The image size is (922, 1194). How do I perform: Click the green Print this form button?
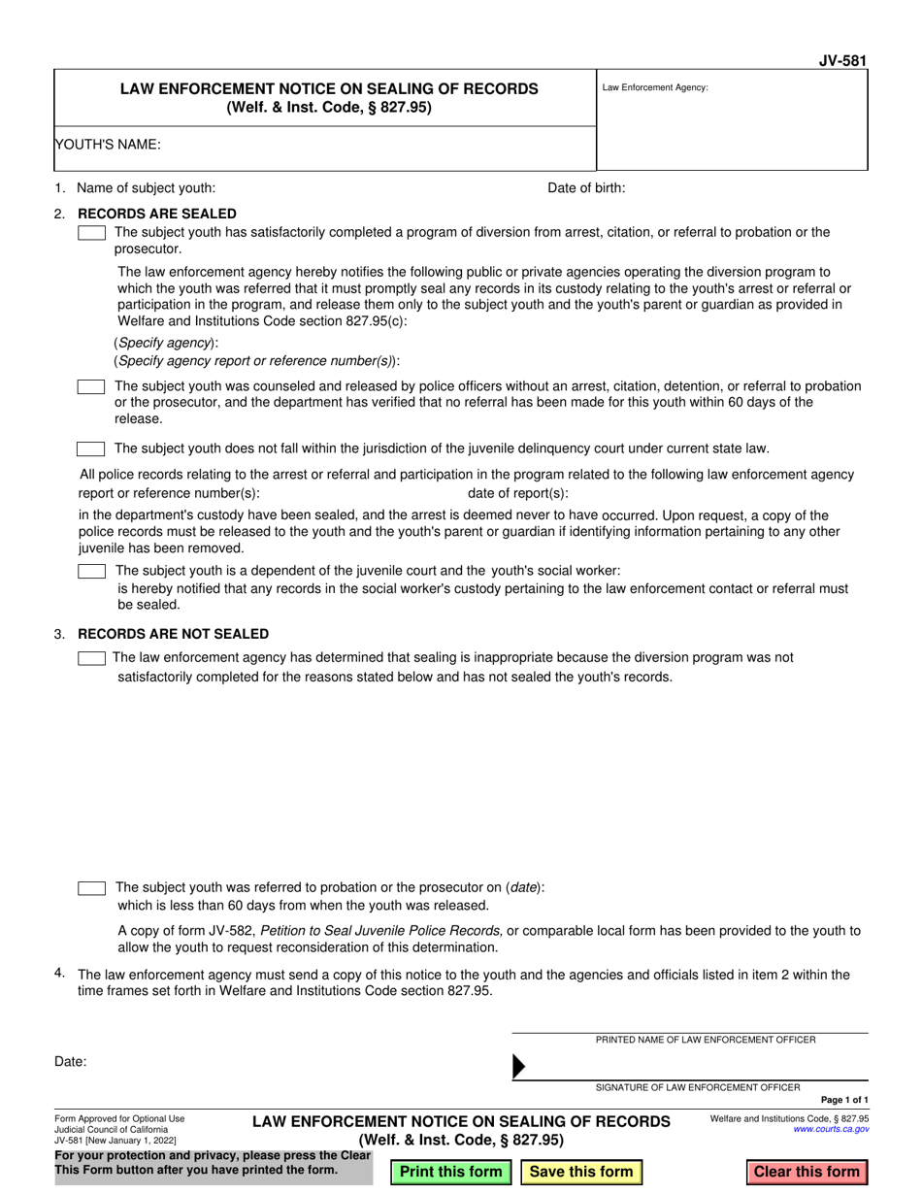tap(450, 1172)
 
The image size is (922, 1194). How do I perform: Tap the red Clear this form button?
tap(807, 1172)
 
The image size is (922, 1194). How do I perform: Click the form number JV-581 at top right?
tap(843, 60)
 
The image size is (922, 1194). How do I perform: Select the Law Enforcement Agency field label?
tap(655, 87)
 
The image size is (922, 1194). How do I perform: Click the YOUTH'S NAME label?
tap(108, 145)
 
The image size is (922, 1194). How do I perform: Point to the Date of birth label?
tap(586, 188)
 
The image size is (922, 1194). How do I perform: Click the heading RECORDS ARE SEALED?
tap(156, 214)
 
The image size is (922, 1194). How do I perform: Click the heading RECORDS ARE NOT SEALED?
tap(173, 634)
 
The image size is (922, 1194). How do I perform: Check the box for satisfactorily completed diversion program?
tap(91, 233)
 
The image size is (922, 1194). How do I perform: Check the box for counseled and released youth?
tap(91, 386)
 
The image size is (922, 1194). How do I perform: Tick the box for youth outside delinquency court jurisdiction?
tap(91, 448)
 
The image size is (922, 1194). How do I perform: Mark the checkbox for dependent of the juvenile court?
tap(91, 571)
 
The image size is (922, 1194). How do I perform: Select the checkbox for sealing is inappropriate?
tap(91, 658)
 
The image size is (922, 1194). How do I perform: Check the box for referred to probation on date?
tap(91, 888)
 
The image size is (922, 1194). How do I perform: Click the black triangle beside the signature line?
tap(518, 1067)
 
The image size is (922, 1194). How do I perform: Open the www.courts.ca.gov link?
tap(831, 1130)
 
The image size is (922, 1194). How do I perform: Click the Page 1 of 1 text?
tap(844, 1100)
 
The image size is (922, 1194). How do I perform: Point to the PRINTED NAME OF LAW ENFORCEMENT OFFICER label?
tap(706, 1040)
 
